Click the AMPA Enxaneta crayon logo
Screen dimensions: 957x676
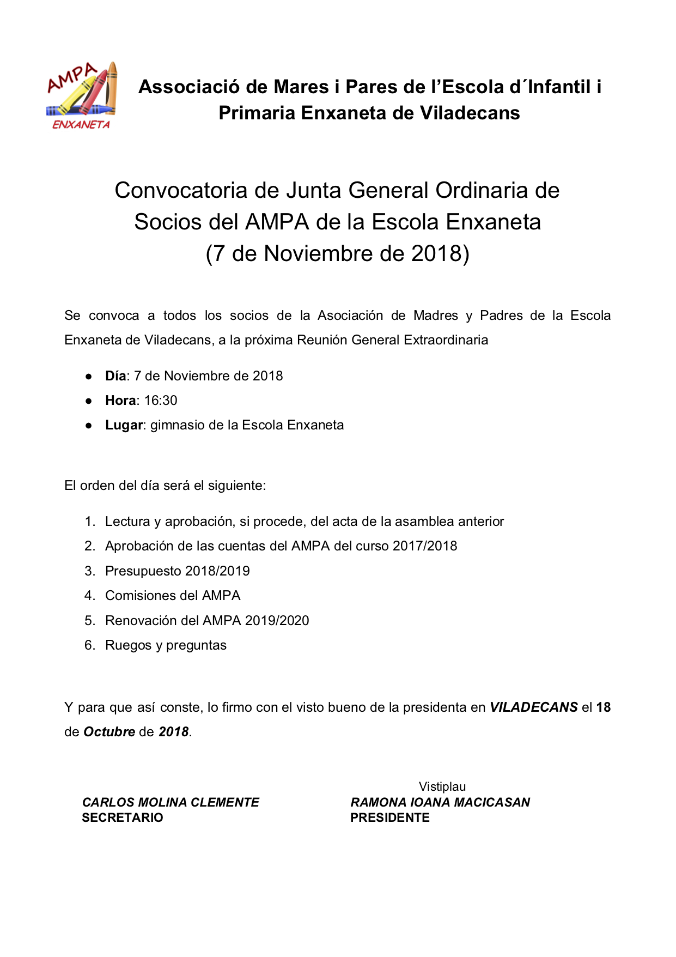tap(82, 95)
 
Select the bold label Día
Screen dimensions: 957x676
tap(115, 376)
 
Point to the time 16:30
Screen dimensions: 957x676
tap(161, 401)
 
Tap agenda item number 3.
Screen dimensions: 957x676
tap(90, 571)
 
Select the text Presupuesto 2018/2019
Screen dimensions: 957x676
tap(177, 571)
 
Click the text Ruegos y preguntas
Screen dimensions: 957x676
tap(166, 645)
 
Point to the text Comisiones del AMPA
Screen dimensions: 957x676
tap(173, 596)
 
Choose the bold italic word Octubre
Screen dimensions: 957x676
tap(109, 732)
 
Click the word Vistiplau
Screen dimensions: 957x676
tap(442, 786)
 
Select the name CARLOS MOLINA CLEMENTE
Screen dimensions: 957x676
tap(170, 802)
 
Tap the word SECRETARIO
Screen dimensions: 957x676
tap(123, 817)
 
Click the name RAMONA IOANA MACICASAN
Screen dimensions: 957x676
tap(440, 802)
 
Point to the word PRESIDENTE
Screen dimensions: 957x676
tap(390, 817)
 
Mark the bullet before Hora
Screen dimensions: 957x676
tap(88, 401)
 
